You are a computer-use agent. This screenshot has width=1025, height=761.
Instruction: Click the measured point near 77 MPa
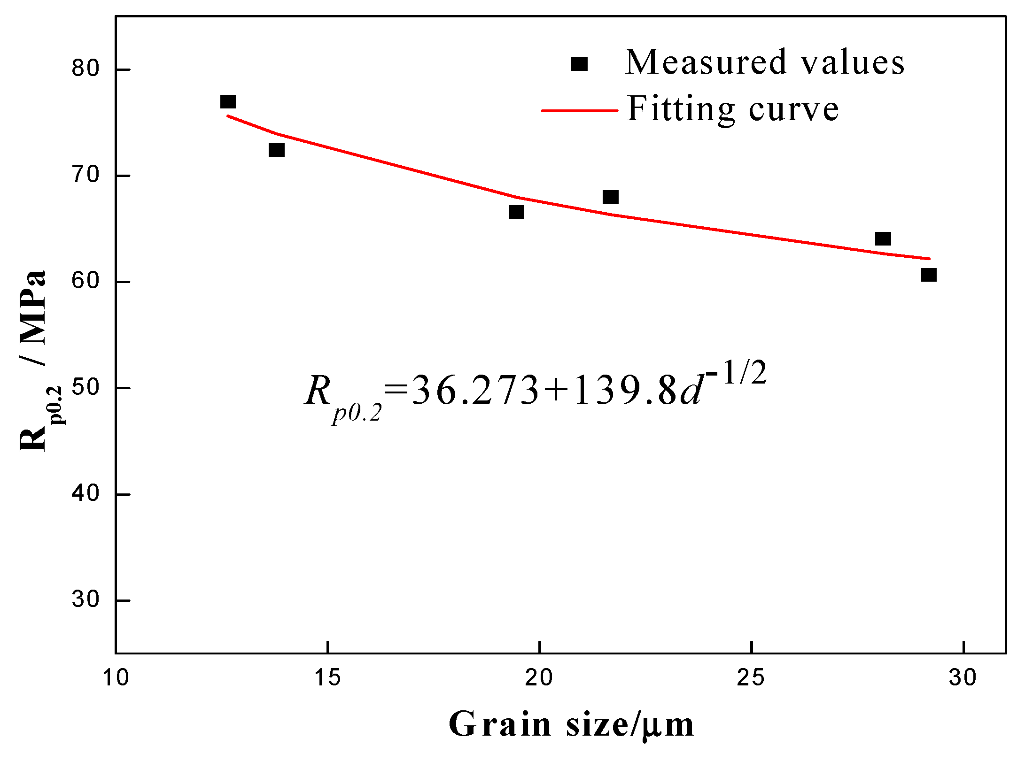click(x=228, y=102)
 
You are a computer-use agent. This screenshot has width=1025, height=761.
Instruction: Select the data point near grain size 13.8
click(x=277, y=150)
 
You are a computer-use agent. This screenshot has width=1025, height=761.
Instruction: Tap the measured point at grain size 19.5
click(x=516, y=213)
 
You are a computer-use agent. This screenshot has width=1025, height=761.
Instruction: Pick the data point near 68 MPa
click(x=610, y=197)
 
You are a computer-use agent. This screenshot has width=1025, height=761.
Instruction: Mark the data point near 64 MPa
click(x=883, y=239)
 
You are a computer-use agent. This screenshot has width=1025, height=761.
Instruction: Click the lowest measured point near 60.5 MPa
click(x=929, y=275)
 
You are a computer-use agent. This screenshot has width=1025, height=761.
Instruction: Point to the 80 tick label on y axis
click(x=85, y=69)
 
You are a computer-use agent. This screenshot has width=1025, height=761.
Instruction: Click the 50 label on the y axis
click(x=85, y=388)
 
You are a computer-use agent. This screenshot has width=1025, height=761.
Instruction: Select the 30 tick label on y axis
click(x=85, y=600)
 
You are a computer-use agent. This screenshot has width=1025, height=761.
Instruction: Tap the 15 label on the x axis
click(x=328, y=678)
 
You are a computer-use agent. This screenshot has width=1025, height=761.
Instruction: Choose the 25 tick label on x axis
click(x=751, y=678)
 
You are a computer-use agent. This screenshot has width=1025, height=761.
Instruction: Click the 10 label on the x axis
click(x=116, y=678)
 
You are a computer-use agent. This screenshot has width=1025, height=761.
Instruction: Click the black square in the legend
click(x=579, y=64)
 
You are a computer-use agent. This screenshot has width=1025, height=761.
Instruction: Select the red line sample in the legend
click(x=579, y=111)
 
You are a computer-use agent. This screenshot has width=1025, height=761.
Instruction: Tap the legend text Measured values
click(x=765, y=62)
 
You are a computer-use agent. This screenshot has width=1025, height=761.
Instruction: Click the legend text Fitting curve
click(x=733, y=109)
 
